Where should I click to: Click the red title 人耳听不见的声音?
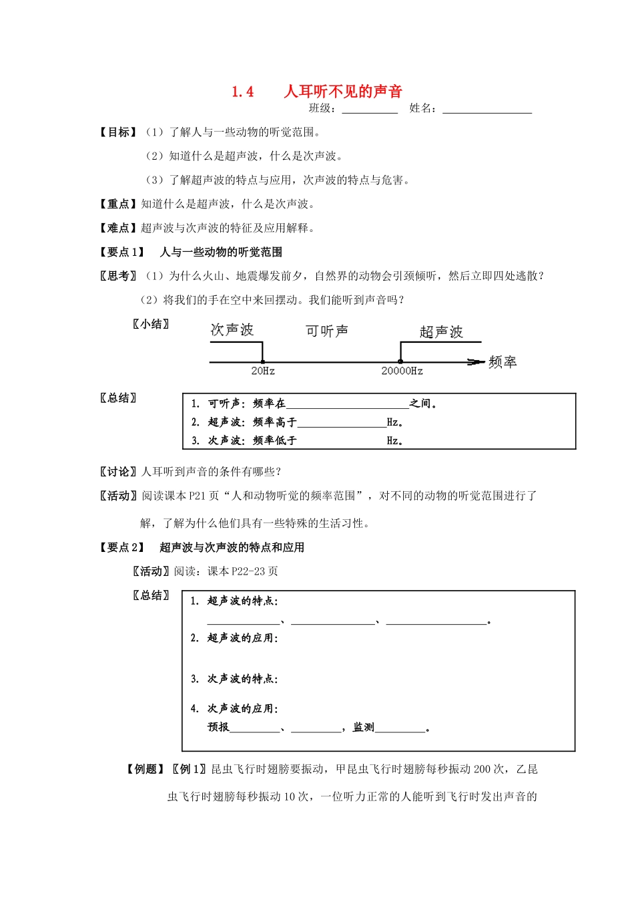343,92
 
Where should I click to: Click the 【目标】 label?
118,132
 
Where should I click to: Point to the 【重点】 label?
118,204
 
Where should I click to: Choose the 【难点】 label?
118,229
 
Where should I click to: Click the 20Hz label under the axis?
263,371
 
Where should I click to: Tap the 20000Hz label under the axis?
402,371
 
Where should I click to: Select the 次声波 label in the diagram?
232,330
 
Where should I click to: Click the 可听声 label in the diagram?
327,331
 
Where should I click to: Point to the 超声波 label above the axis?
441,332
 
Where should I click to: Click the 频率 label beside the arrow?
503,362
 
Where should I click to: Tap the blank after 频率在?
347,404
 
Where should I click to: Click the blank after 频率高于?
342,423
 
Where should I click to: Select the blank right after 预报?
255,728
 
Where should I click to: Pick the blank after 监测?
400,728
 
